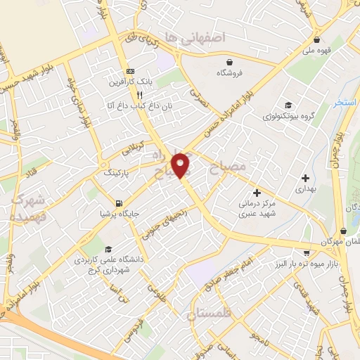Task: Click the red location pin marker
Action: (181, 166)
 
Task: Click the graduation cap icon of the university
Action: (108, 249)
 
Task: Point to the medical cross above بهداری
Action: (304, 177)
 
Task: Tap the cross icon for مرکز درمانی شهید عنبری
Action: (257, 192)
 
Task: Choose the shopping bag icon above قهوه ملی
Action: (320, 40)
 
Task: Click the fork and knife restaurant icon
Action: (140, 95)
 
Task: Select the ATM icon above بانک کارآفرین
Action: (130, 71)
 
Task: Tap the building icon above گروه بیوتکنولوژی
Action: (289, 104)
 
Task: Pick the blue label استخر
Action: (345, 103)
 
